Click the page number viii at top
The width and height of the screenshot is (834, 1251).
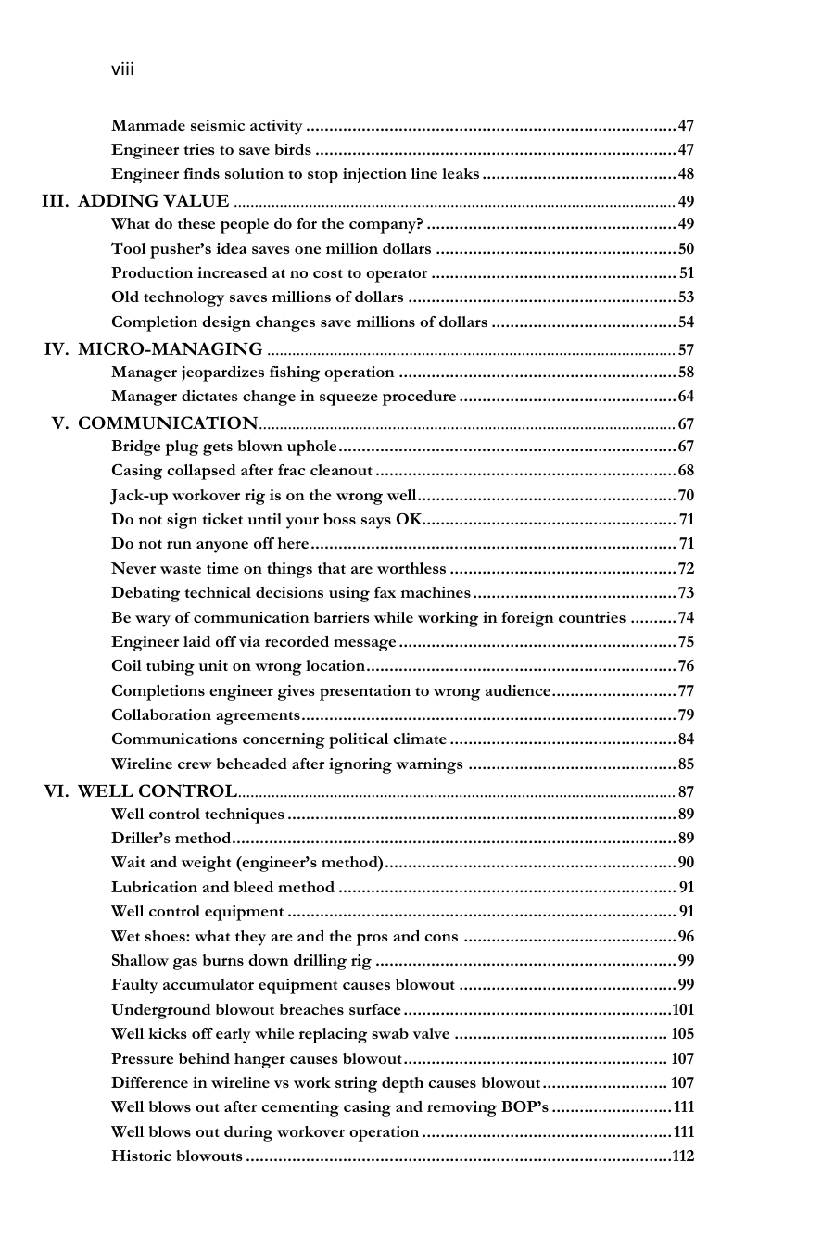[x=122, y=69]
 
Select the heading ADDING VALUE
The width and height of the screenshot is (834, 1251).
[x=153, y=201]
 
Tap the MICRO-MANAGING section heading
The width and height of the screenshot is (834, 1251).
[x=170, y=349]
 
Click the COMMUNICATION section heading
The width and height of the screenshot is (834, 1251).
[x=167, y=423]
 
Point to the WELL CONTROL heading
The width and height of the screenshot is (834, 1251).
[x=157, y=791]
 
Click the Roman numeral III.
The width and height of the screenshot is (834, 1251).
[x=55, y=201]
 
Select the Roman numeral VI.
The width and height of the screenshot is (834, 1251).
[x=57, y=791]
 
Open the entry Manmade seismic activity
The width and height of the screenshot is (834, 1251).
[x=207, y=125]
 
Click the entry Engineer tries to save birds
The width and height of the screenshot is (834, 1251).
[x=211, y=150]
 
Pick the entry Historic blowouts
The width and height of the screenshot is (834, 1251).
[x=177, y=1156]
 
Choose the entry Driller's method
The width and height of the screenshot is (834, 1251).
[x=170, y=839]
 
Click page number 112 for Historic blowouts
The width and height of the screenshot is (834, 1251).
[x=683, y=1156]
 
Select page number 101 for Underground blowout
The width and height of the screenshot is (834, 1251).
[x=683, y=1010]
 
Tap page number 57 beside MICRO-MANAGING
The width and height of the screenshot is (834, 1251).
[x=686, y=350]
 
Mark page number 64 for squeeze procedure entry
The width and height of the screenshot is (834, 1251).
[x=686, y=398]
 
